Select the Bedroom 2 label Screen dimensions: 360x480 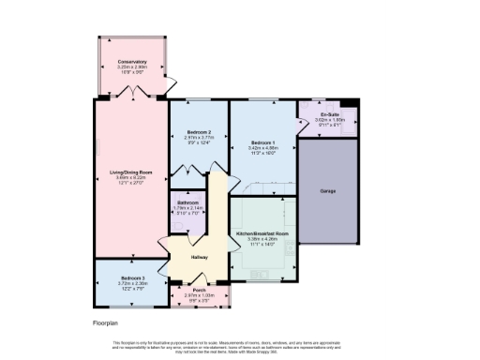tap(198, 130)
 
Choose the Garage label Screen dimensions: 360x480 tap(328, 191)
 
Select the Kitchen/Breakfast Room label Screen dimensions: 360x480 tap(262, 232)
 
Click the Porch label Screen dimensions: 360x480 tap(200, 290)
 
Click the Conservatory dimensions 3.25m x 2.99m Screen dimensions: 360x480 tap(132, 67)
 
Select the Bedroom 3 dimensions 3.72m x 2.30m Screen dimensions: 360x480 tap(131, 283)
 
